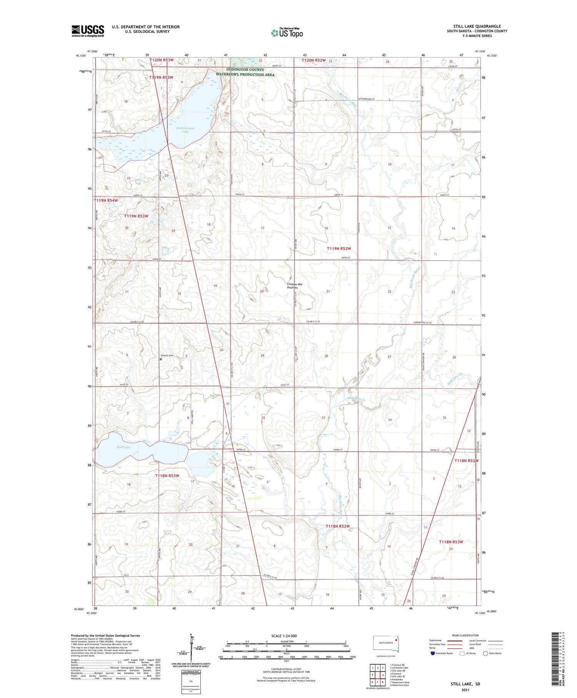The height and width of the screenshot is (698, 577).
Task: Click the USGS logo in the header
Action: click(x=88, y=31)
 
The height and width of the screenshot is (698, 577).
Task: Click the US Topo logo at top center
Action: click(x=287, y=33)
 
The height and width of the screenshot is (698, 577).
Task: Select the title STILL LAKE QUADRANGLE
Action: click(x=477, y=26)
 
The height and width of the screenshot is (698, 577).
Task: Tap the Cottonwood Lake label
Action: click(x=185, y=130)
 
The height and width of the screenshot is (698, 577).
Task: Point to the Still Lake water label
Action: click(x=123, y=447)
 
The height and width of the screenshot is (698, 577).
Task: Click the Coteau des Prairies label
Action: click(x=295, y=286)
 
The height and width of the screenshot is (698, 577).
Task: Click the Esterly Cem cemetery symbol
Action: click(x=161, y=359)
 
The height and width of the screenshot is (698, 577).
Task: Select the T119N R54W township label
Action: click(x=106, y=201)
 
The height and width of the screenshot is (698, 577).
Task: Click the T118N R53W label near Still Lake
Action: click(x=167, y=476)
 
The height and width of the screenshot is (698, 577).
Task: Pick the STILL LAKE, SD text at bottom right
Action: click(x=465, y=684)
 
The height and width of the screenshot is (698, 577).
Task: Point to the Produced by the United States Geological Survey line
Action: click(x=105, y=636)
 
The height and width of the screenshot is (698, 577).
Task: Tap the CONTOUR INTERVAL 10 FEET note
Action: click(x=286, y=670)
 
